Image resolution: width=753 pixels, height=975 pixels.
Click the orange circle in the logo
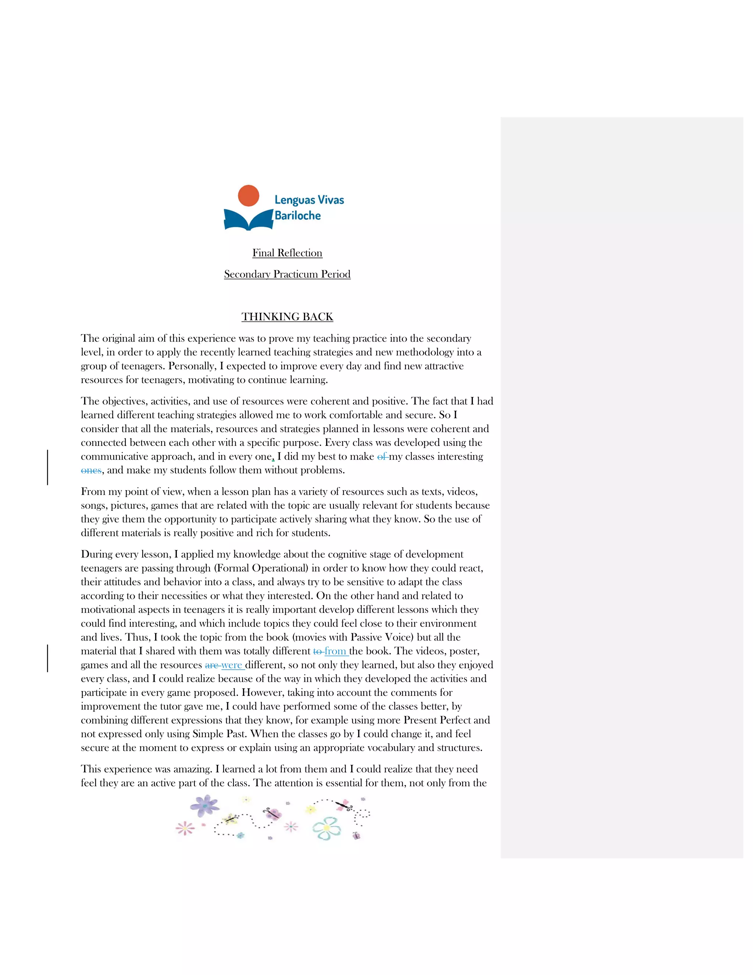click(x=249, y=195)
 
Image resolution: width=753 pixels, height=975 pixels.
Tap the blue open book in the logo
click(x=248, y=219)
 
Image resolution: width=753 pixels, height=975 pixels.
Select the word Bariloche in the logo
click(x=297, y=216)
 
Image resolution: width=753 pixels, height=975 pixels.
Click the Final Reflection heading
click(x=287, y=253)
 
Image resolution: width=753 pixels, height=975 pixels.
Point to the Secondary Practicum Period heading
click(x=287, y=274)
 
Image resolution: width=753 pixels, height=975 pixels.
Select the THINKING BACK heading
click(x=287, y=317)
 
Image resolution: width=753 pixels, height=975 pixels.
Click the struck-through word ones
click(x=91, y=471)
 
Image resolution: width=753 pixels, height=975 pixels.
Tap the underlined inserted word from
click(x=335, y=651)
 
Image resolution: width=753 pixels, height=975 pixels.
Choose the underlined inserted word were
click(x=232, y=665)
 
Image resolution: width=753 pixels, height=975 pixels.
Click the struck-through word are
click(x=211, y=665)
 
